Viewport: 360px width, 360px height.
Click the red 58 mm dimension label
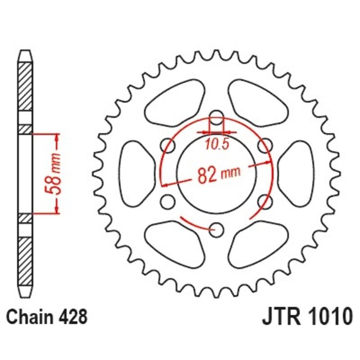[54, 174]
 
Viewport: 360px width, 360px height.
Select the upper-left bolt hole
[168, 145]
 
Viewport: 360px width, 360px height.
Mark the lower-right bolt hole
[266, 201]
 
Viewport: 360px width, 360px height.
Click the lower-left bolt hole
[168, 201]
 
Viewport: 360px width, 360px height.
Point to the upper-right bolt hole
[266, 145]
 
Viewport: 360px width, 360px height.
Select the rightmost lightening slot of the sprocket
[297, 173]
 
